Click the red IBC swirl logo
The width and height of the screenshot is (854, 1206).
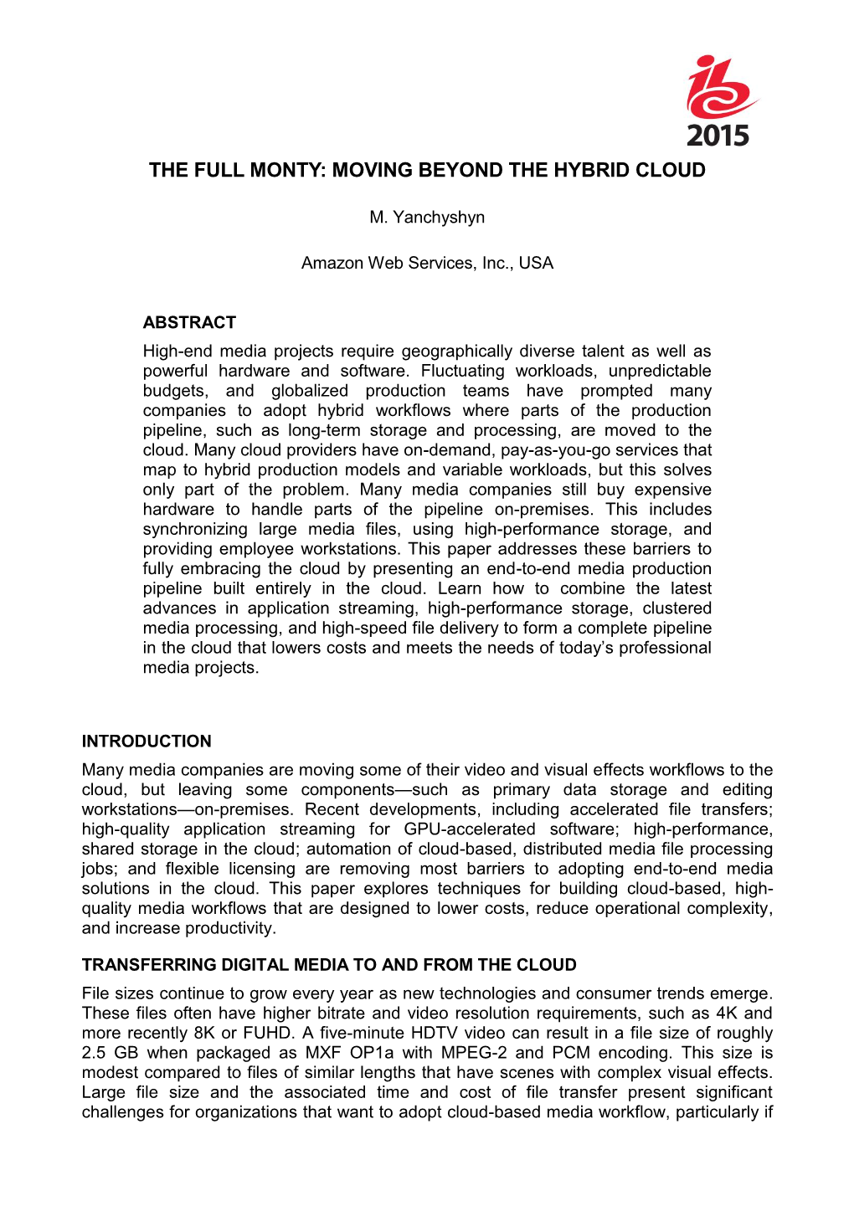pyautogui.click(x=720, y=88)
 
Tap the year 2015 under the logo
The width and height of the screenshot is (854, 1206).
pyautogui.click(x=718, y=135)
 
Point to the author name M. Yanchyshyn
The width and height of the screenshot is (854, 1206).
pyautogui.click(x=427, y=218)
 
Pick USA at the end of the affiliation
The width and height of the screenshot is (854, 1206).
pyautogui.click(x=536, y=264)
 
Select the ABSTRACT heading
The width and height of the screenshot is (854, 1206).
pyautogui.click(x=189, y=323)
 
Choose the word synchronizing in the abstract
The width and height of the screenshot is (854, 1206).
pyautogui.click(x=195, y=530)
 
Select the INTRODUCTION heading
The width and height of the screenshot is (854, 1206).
pyautogui.click(x=147, y=742)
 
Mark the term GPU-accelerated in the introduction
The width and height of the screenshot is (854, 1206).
pyautogui.click(x=469, y=829)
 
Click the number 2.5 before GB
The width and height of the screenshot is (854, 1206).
pyautogui.click(x=96, y=1054)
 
